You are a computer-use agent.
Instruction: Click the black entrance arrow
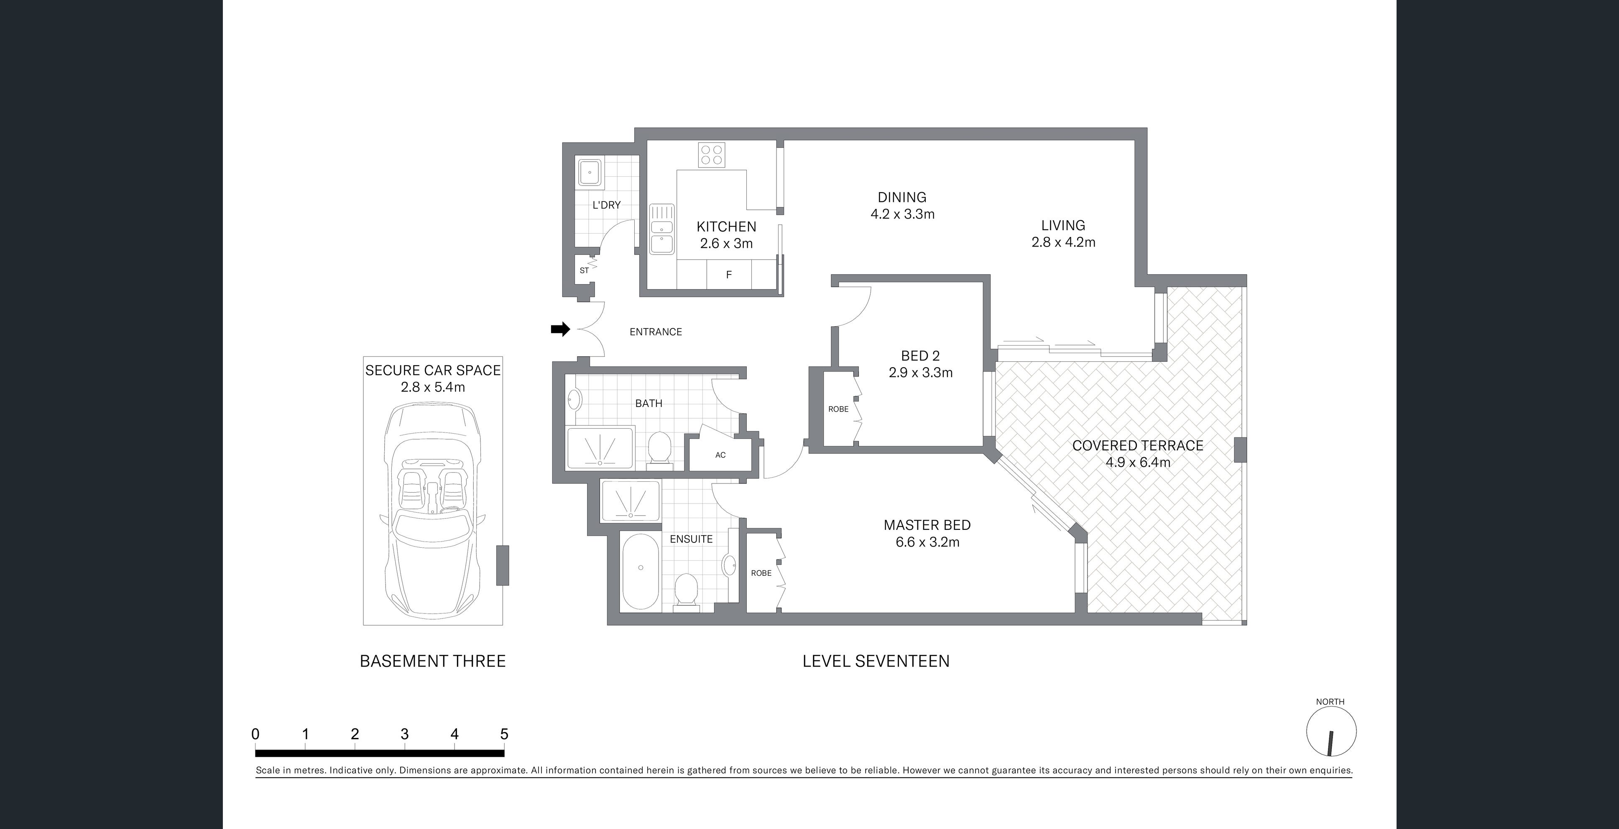pos(560,329)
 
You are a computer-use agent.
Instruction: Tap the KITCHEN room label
pos(726,227)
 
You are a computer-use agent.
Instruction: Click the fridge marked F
pos(728,275)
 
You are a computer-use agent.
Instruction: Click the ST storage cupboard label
pos(584,271)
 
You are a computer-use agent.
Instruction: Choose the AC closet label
pos(720,455)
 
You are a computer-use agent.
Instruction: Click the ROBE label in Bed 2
pos(838,409)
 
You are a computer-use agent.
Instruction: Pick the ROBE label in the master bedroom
pos(761,573)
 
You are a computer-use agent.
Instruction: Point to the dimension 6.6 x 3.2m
pos(928,542)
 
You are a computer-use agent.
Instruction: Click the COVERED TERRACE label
pos(1138,445)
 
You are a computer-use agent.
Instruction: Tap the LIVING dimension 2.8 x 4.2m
pos(1063,242)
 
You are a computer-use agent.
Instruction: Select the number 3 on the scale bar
pos(405,734)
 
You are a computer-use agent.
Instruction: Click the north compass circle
pos(1331,732)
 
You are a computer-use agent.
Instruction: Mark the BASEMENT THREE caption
pos(432,661)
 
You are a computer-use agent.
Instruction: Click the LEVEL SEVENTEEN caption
pos(876,661)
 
